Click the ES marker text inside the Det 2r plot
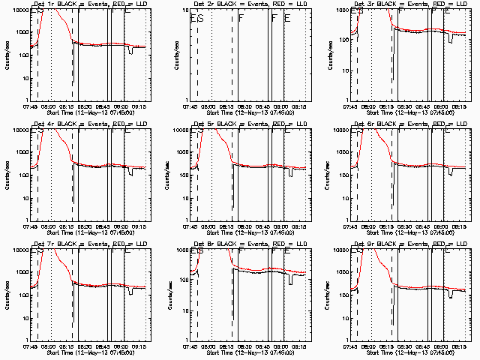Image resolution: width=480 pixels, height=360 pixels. click(x=197, y=18)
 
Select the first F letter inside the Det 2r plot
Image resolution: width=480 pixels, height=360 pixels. click(x=241, y=18)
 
